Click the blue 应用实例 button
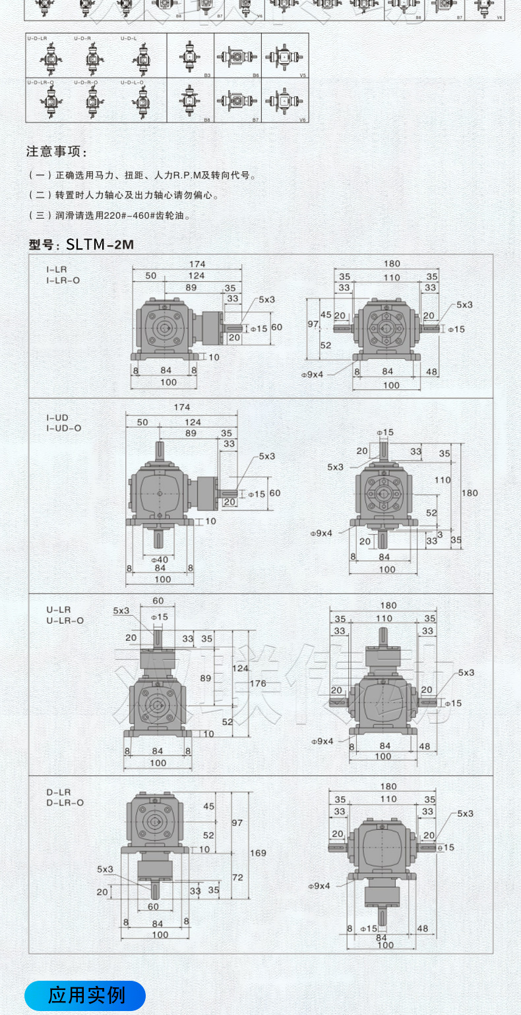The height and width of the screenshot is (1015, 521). pyautogui.click(x=85, y=995)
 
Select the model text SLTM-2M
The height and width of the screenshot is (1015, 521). pyautogui.click(x=100, y=245)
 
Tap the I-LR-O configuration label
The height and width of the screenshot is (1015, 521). pyautogui.click(x=63, y=280)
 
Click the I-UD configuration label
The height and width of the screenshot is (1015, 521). pyautogui.click(x=58, y=418)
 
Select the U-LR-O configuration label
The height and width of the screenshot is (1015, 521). pyautogui.click(x=65, y=620)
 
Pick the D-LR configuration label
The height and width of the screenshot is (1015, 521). pyautogui.click(x=58, y=792)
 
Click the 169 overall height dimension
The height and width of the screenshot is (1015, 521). pyautogui.click(x=258, y=853)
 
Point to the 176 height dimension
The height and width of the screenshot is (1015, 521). pyautogui.click(x=258, y=684)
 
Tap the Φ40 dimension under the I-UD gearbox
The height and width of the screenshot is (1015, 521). pyautogui.click(x=160, y=559)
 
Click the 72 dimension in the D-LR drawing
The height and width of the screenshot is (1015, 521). pyautogui.click(x=237, y=878)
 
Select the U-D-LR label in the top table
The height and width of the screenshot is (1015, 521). pyautogui.click(x=37, y=39)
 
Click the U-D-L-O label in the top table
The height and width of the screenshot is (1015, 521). pyautogui.click(x=133, y=82)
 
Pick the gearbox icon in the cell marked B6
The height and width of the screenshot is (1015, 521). pyautogui.click(x=237, y=57)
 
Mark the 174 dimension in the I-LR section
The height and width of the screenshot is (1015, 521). pyautogui.click(x=197, y=264)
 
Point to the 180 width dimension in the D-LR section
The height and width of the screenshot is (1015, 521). pyautogui.click(x=388, y=786)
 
